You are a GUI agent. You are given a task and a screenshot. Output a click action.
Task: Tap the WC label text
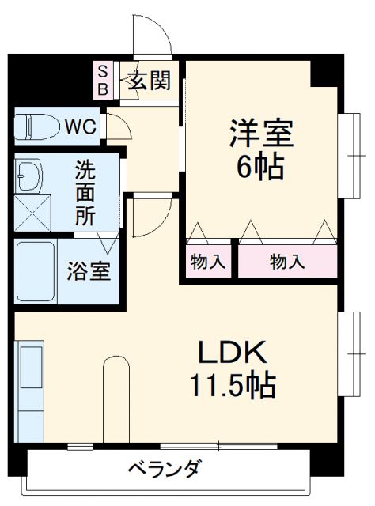(80, 126)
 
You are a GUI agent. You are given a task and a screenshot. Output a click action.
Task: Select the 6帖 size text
(261, 168)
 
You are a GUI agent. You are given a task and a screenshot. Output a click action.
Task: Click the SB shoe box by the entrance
(102, 79)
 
